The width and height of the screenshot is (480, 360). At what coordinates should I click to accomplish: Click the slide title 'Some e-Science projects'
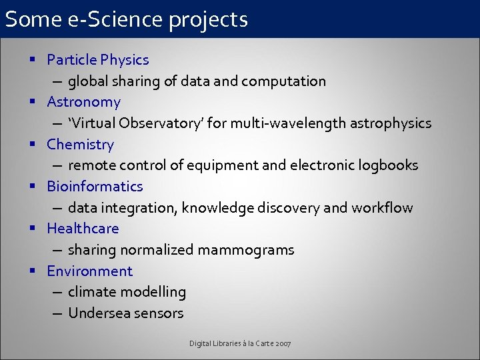click(127, 19)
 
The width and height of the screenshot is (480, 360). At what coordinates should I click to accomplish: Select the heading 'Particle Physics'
click(98, 60)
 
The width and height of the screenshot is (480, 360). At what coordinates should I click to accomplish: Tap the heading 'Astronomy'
click(83, 102)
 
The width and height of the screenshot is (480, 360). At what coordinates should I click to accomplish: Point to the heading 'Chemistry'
click(80, 144)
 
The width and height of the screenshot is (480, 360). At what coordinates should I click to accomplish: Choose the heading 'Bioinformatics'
click(95, 186)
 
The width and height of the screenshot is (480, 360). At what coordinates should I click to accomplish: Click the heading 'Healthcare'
click(83, 229)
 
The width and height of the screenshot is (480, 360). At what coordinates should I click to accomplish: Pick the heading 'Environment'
click(89, 271)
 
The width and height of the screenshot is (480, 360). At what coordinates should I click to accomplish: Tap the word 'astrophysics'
click(390, 123)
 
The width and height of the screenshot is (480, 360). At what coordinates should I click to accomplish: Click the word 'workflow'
click(382, 207)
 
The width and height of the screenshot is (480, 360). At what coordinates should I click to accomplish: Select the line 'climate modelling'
click(127, 292)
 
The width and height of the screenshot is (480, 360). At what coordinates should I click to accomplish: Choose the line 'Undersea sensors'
click(125, 313)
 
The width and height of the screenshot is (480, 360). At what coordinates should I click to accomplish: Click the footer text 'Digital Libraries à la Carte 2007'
click(240, 343)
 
